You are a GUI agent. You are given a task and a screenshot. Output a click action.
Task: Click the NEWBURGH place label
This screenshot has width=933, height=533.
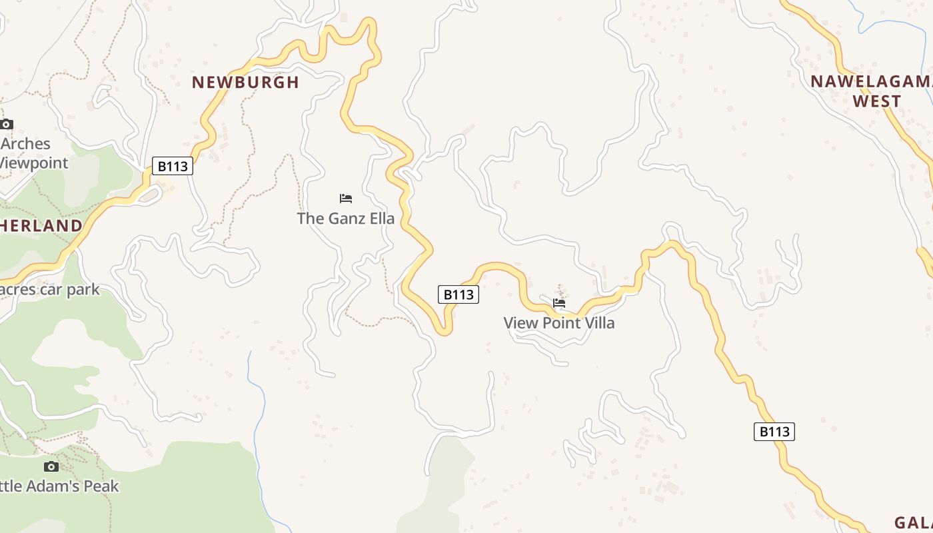pyautogui.click(x=245, y=83)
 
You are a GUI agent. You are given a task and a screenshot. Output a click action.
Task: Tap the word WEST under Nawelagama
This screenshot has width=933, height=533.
pyautogui.click(x=876, y=101)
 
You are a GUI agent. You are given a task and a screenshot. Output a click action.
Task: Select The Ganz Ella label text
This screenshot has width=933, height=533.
pyautogui.click(x=345, y=219)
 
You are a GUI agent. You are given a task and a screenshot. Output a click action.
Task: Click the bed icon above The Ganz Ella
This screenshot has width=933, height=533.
pyautogui.click(x=345, y=199)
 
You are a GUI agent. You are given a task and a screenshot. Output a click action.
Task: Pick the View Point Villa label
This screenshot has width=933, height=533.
pyautogui.click(x=558, y=323)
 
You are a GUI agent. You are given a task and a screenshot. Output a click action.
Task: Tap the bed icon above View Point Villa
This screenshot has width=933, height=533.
pyautogui.click(x=559, y=303)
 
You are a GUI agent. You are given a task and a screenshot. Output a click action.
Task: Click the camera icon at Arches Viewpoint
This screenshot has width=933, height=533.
pyautogui.click(x=7, y=124)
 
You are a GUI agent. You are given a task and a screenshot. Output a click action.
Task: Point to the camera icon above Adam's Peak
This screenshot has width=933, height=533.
pyautogui.click(x=51, y=466)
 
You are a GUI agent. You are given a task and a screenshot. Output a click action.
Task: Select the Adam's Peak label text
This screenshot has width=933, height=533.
pyautogui.click(x=60, y=486)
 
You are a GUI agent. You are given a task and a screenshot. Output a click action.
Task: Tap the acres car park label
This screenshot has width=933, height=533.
pyautogui.click(x=50, y=290)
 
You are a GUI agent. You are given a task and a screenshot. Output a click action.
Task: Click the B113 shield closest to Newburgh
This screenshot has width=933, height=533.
pyautogui.click(x=173, y=166)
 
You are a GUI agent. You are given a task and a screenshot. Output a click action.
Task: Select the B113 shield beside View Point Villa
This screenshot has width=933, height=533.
pyautogui.click(x=459, y=294)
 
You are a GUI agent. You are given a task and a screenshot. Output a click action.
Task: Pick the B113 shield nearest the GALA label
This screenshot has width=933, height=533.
pyautogui.click(x=774, y=432)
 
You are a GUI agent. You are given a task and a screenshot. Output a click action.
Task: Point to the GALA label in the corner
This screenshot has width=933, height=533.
pyautogui.click(x=913, y=522)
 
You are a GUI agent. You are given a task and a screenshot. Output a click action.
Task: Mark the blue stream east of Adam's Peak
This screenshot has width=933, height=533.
pyautogui.click(x=256, y=426)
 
